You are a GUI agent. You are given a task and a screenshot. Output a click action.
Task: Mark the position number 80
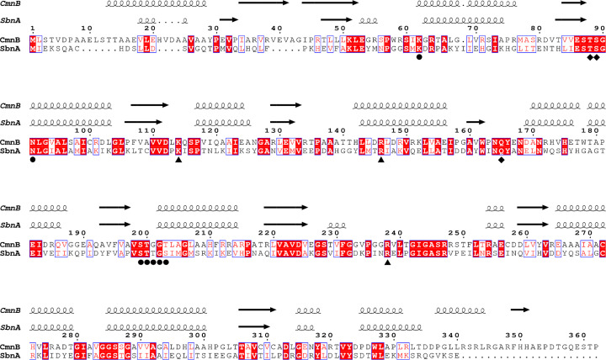tap(529, 29)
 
